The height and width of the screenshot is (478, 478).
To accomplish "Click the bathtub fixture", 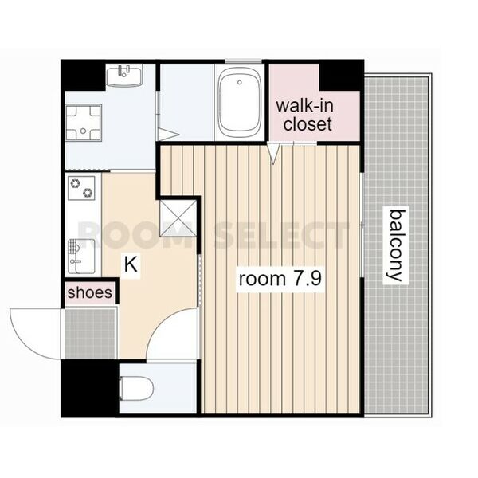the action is (240, 103).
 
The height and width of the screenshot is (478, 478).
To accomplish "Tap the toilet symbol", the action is (136, 389).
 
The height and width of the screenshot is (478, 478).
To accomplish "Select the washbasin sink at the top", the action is (124, 75).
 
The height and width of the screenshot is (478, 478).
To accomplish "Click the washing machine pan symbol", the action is (84, 122).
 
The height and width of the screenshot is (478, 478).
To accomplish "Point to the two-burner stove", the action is (81, 188).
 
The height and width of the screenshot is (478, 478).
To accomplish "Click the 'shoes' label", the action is (90, 292).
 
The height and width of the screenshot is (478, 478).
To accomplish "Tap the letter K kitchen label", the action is (131, 264).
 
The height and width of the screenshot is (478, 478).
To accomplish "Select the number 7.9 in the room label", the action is (308, 279).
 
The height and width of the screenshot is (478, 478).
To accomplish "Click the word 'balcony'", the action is (396, 245).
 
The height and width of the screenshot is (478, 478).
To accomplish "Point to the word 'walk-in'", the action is (304, 106).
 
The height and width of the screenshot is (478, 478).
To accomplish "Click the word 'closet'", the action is (308, 124).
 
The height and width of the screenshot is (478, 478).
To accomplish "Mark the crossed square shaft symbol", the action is (178, 217).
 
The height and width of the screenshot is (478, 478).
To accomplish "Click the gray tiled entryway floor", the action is (91, 334).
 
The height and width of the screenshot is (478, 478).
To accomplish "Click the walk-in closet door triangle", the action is (273, 153).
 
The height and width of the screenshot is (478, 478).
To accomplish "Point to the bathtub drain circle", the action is (240, 82).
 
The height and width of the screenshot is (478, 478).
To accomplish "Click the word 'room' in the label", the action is (262, 279).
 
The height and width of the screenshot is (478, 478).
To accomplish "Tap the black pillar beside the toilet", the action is (90, 388).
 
